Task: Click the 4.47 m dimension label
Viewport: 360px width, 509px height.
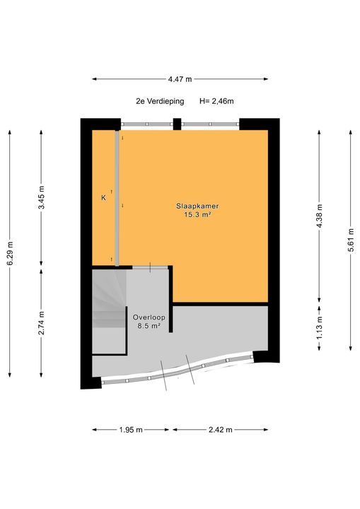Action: click(x=180, y=79)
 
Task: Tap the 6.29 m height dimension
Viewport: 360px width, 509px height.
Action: click(x=10, y=254)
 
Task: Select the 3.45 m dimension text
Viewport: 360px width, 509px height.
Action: click(x=41, y=197)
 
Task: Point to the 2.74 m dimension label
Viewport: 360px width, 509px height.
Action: click(x=41, y=323)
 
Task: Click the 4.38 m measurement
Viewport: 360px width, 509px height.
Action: click(x=320, y=216)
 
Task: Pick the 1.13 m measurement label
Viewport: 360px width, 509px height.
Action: click(x=320, y=327)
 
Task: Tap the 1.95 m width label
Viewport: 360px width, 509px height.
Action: click(x=131, y=430)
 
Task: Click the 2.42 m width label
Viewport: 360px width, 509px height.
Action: click(x=220, y=430)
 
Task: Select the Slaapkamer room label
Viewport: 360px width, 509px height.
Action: click(x=197, y=206)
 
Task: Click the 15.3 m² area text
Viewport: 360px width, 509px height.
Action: click(x=197, y=214)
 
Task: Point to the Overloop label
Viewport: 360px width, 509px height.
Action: click(x=149, y=317)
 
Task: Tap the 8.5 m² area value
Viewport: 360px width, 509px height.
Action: click(x=149, y=326)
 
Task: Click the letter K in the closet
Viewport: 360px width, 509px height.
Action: click(x=104, y=197)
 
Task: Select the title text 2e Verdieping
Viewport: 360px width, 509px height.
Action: click(x=160, y=101)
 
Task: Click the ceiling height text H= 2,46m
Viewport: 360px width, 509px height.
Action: click(x=216, y=101)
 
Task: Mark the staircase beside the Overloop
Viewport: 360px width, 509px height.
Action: click(x=109, y=311)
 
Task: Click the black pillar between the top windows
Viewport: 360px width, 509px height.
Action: click(x=177, y=124)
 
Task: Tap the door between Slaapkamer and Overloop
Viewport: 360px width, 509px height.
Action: click(x=150, y=267)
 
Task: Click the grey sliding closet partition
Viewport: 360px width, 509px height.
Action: click(x=117, y=199)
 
